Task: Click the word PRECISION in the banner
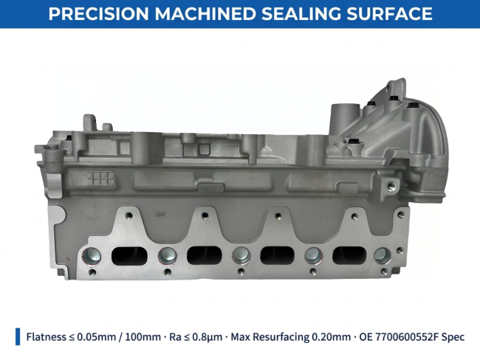pyautogui.click(x=98, y=14)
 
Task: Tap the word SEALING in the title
pyautogui.click(x=301, y=14)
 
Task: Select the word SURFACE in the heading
pyautogui.click(x=389, y=14)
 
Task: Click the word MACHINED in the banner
pyautogui.click(x=205, y=14)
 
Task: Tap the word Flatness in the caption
pyautogui.click(x=46, y=336)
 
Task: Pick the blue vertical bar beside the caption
pyautogui.click(x=18, y=336)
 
